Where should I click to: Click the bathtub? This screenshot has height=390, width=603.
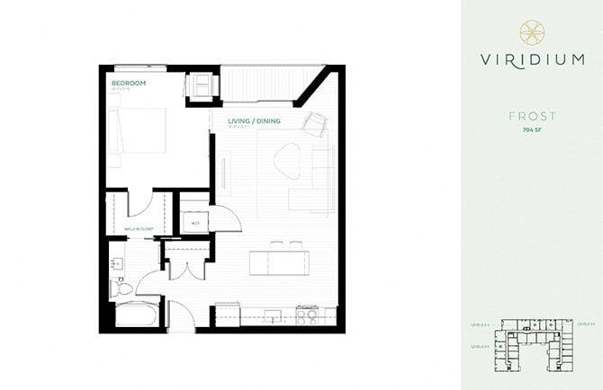(136, 315)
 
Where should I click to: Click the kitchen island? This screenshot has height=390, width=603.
(276, 261)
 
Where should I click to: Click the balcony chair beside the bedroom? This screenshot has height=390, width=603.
(199, 84)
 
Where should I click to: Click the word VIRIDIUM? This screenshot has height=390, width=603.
(531, 61)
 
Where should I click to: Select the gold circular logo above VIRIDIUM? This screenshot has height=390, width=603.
(531, 31)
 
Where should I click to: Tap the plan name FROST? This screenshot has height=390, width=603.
(531, 116)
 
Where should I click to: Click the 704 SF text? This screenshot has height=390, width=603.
(531, 130)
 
